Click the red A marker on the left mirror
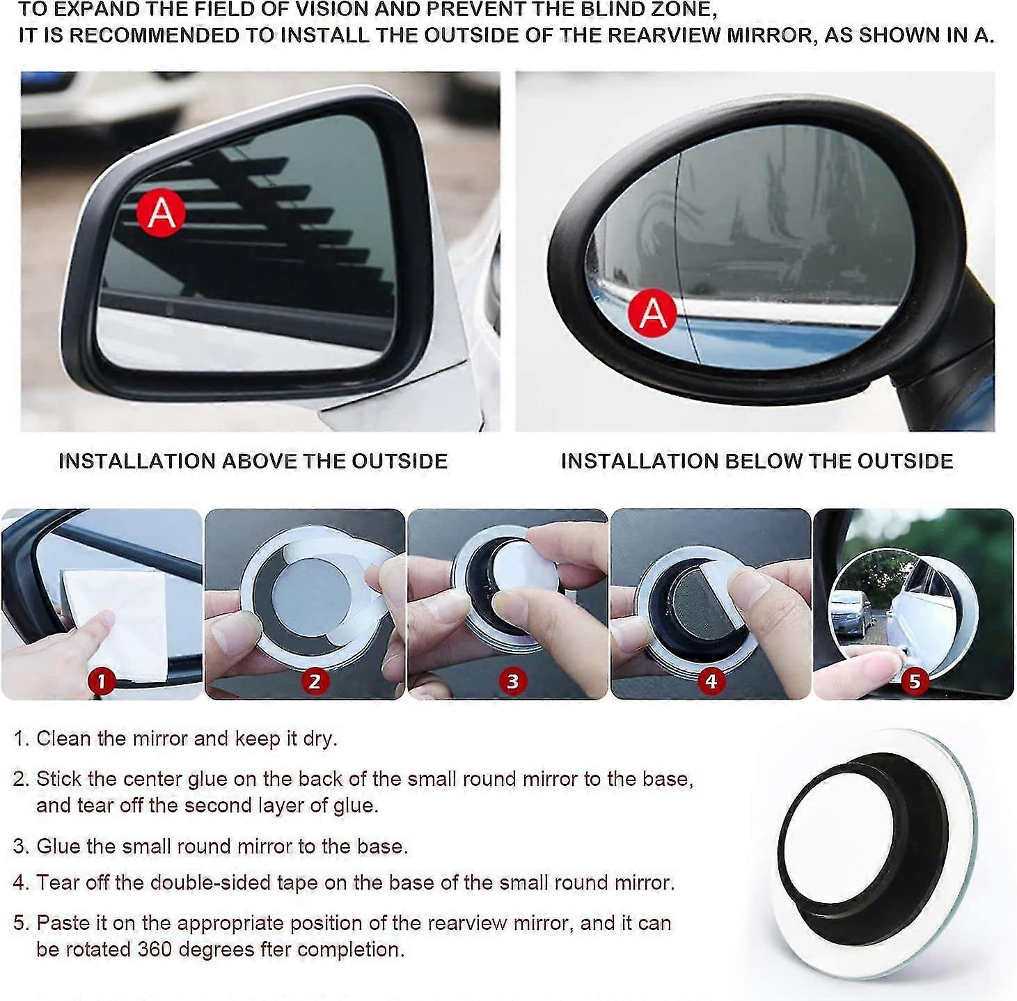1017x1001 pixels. pyautogui.click(x=161, y=212)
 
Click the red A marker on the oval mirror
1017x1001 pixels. pyautogui.click(x=652, y=313)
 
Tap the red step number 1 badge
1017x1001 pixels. pyautogui.click(x=102, y=681)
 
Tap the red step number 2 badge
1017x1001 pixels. pyautogui.click(x=315, y=681)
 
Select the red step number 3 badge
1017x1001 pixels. pyautogui.click(x=513, y=681)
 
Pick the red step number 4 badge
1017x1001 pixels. pyautogui.click(x=711, y=681)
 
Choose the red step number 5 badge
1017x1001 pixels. pyautogui.click(x=915, y=681)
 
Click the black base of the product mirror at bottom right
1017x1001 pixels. pyautogui.click(x=863, y=835)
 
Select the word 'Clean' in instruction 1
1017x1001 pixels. pyautogui.click(x=64, y=739)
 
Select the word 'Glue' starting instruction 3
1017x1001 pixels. pyautogui.click(x=58, y=846)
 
